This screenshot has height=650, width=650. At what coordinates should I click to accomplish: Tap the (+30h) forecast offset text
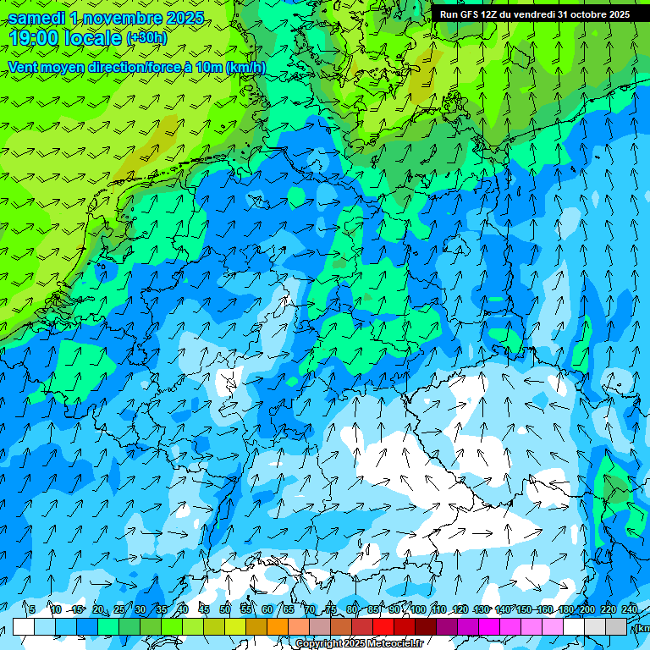[146, 38]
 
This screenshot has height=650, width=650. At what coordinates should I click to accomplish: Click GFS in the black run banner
[470, 14]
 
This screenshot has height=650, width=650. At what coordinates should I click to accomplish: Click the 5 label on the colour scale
[32, 609]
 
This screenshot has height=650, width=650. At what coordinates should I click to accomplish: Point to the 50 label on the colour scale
[225, 609]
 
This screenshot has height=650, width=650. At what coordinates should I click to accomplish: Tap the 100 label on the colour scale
[418, 609]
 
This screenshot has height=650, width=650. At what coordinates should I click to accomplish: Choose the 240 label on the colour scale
[630, 609]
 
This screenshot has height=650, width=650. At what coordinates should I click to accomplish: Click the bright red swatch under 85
[383, 626]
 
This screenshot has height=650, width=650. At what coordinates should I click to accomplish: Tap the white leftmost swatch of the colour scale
[24, 626]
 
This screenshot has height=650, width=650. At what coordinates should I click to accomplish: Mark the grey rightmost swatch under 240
[616, 626]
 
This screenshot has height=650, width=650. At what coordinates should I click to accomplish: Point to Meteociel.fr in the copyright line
[396, 644]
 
